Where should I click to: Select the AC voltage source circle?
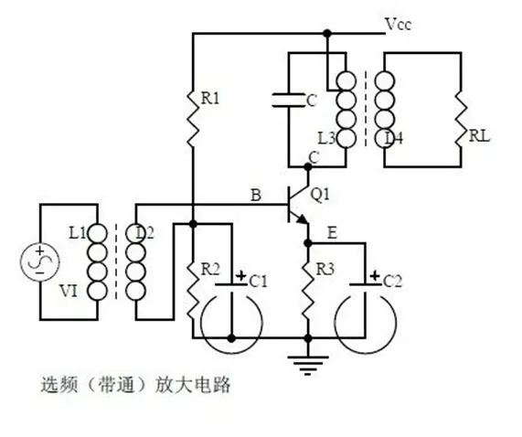click(41, 262)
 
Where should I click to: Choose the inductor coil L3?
click(346, 109)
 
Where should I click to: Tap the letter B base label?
click(256, 195)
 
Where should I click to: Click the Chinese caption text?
click(137, 385)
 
